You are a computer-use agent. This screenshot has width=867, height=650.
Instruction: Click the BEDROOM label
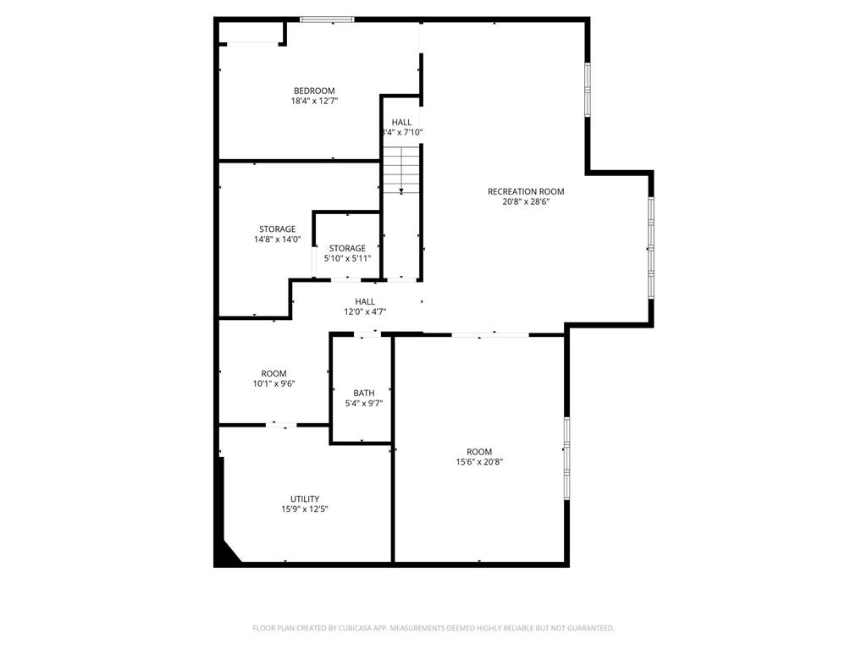tap(314, 91)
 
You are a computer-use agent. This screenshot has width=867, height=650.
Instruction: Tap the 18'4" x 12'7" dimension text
tap(314, 101)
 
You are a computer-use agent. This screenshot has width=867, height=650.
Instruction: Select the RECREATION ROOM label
tap(526, 191)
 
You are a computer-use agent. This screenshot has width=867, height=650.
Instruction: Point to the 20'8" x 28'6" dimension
tap(526, 202)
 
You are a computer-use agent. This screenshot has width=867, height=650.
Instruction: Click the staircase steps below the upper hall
tap(400, 169)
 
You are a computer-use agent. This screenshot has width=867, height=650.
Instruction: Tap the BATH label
tap(364, 393)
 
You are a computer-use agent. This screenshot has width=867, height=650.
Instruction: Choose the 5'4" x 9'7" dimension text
tap(364, 404)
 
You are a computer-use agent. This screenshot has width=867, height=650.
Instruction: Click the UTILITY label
tap(305, 499)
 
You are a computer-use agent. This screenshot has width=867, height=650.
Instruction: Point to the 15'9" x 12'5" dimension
tap(305, 510)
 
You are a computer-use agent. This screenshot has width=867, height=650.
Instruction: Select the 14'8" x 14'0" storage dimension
tap(277, 240)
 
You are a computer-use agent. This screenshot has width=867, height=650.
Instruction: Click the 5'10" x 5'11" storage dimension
tap(347, 258)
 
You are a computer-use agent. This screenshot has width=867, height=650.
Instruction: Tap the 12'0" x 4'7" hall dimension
tap(365, 311)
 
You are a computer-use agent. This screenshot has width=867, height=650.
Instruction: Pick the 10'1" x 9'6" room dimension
tap(273, 383)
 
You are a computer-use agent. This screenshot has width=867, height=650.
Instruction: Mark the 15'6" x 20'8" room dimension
tap(479, 462)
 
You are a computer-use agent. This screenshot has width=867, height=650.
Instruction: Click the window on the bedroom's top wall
tap(327, 19)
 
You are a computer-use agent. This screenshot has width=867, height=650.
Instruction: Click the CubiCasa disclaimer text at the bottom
tap(433, 628)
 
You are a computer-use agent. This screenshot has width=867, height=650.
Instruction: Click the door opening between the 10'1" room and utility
tap(281, 425)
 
